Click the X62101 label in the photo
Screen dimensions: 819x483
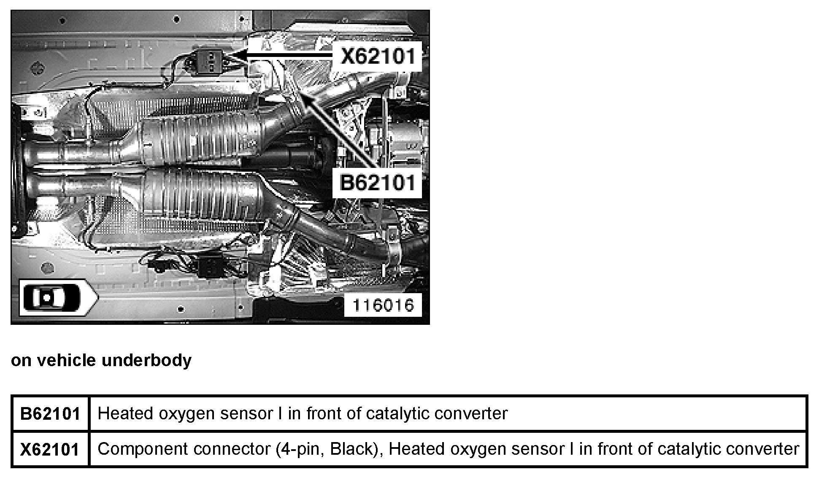378,56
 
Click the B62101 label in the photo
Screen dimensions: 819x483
377,183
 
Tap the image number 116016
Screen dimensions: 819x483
383,305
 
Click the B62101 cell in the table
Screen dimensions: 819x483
50,413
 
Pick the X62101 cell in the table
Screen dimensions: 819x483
50,449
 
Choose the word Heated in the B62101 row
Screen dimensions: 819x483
125,413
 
